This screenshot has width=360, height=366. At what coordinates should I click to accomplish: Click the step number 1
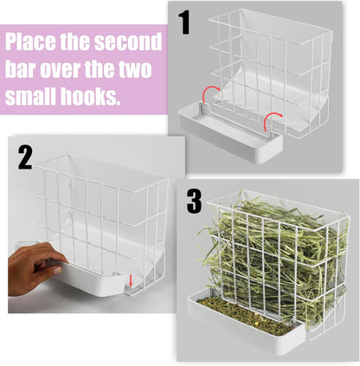[184, 22]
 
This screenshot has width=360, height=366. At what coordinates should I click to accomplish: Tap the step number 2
[26, 158]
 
